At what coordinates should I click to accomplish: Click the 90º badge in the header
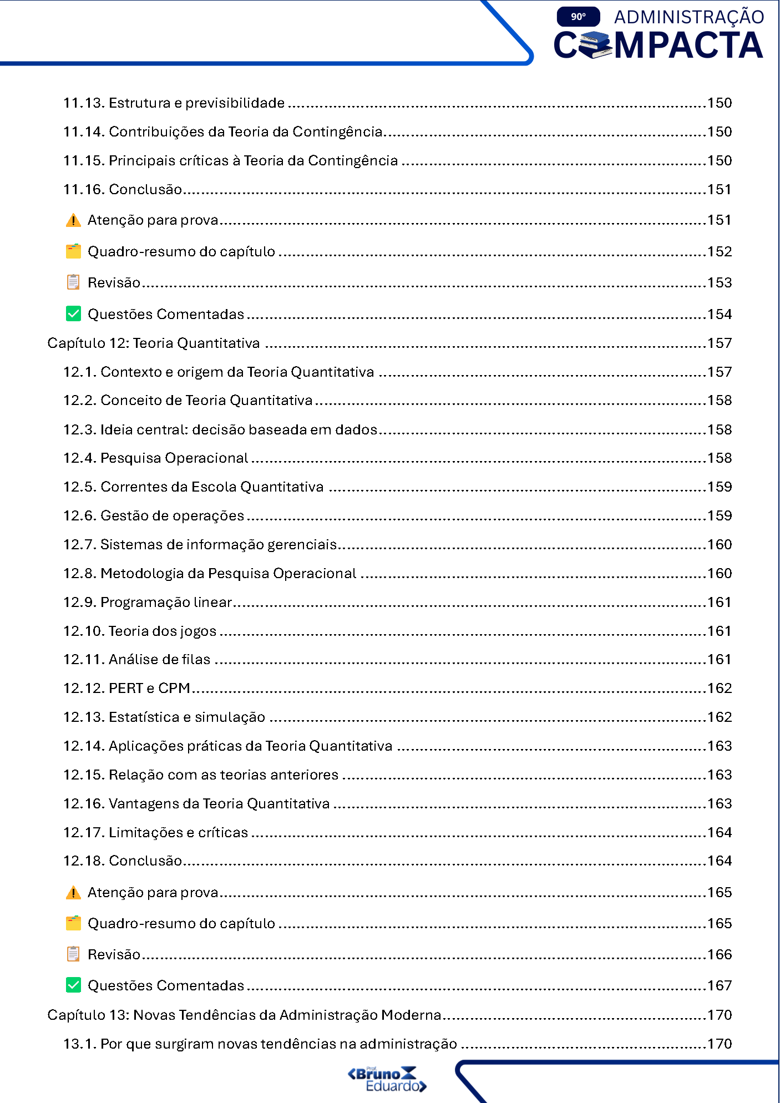(578, 17)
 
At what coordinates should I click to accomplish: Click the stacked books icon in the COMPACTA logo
(596, 45)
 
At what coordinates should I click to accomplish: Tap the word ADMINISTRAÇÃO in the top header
(689, 17)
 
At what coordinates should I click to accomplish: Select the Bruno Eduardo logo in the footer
(387, 1079)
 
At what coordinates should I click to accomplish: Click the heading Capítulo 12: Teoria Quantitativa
(154, 343)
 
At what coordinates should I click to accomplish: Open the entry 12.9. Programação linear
(148, 603)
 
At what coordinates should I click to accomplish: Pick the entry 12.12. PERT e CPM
(127, 689)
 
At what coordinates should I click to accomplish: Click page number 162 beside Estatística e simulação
(720, 717)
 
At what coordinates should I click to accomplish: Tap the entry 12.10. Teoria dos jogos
(140, 631)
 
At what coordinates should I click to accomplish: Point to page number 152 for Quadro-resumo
(720, 252)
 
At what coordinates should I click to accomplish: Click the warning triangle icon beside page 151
(73, 221)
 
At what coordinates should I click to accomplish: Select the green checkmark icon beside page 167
(73, 985)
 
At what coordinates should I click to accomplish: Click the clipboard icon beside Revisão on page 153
(73, 282)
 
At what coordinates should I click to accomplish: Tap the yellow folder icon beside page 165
(73, 923)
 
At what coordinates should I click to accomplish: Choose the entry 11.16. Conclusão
(123, 190)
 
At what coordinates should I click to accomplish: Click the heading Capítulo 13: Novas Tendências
(244, 1015)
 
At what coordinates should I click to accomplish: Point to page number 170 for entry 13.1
(720, 1044)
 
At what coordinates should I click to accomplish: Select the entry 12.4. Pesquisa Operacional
(156, 458)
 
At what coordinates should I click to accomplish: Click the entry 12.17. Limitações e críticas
(156, 833)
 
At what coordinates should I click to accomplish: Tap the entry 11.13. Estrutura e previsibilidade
(174, 103)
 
